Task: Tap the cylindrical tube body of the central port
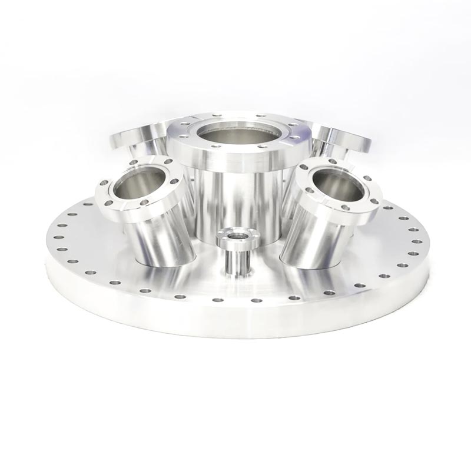click(x=235, y=200)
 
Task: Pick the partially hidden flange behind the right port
click(x=344, y=141)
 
